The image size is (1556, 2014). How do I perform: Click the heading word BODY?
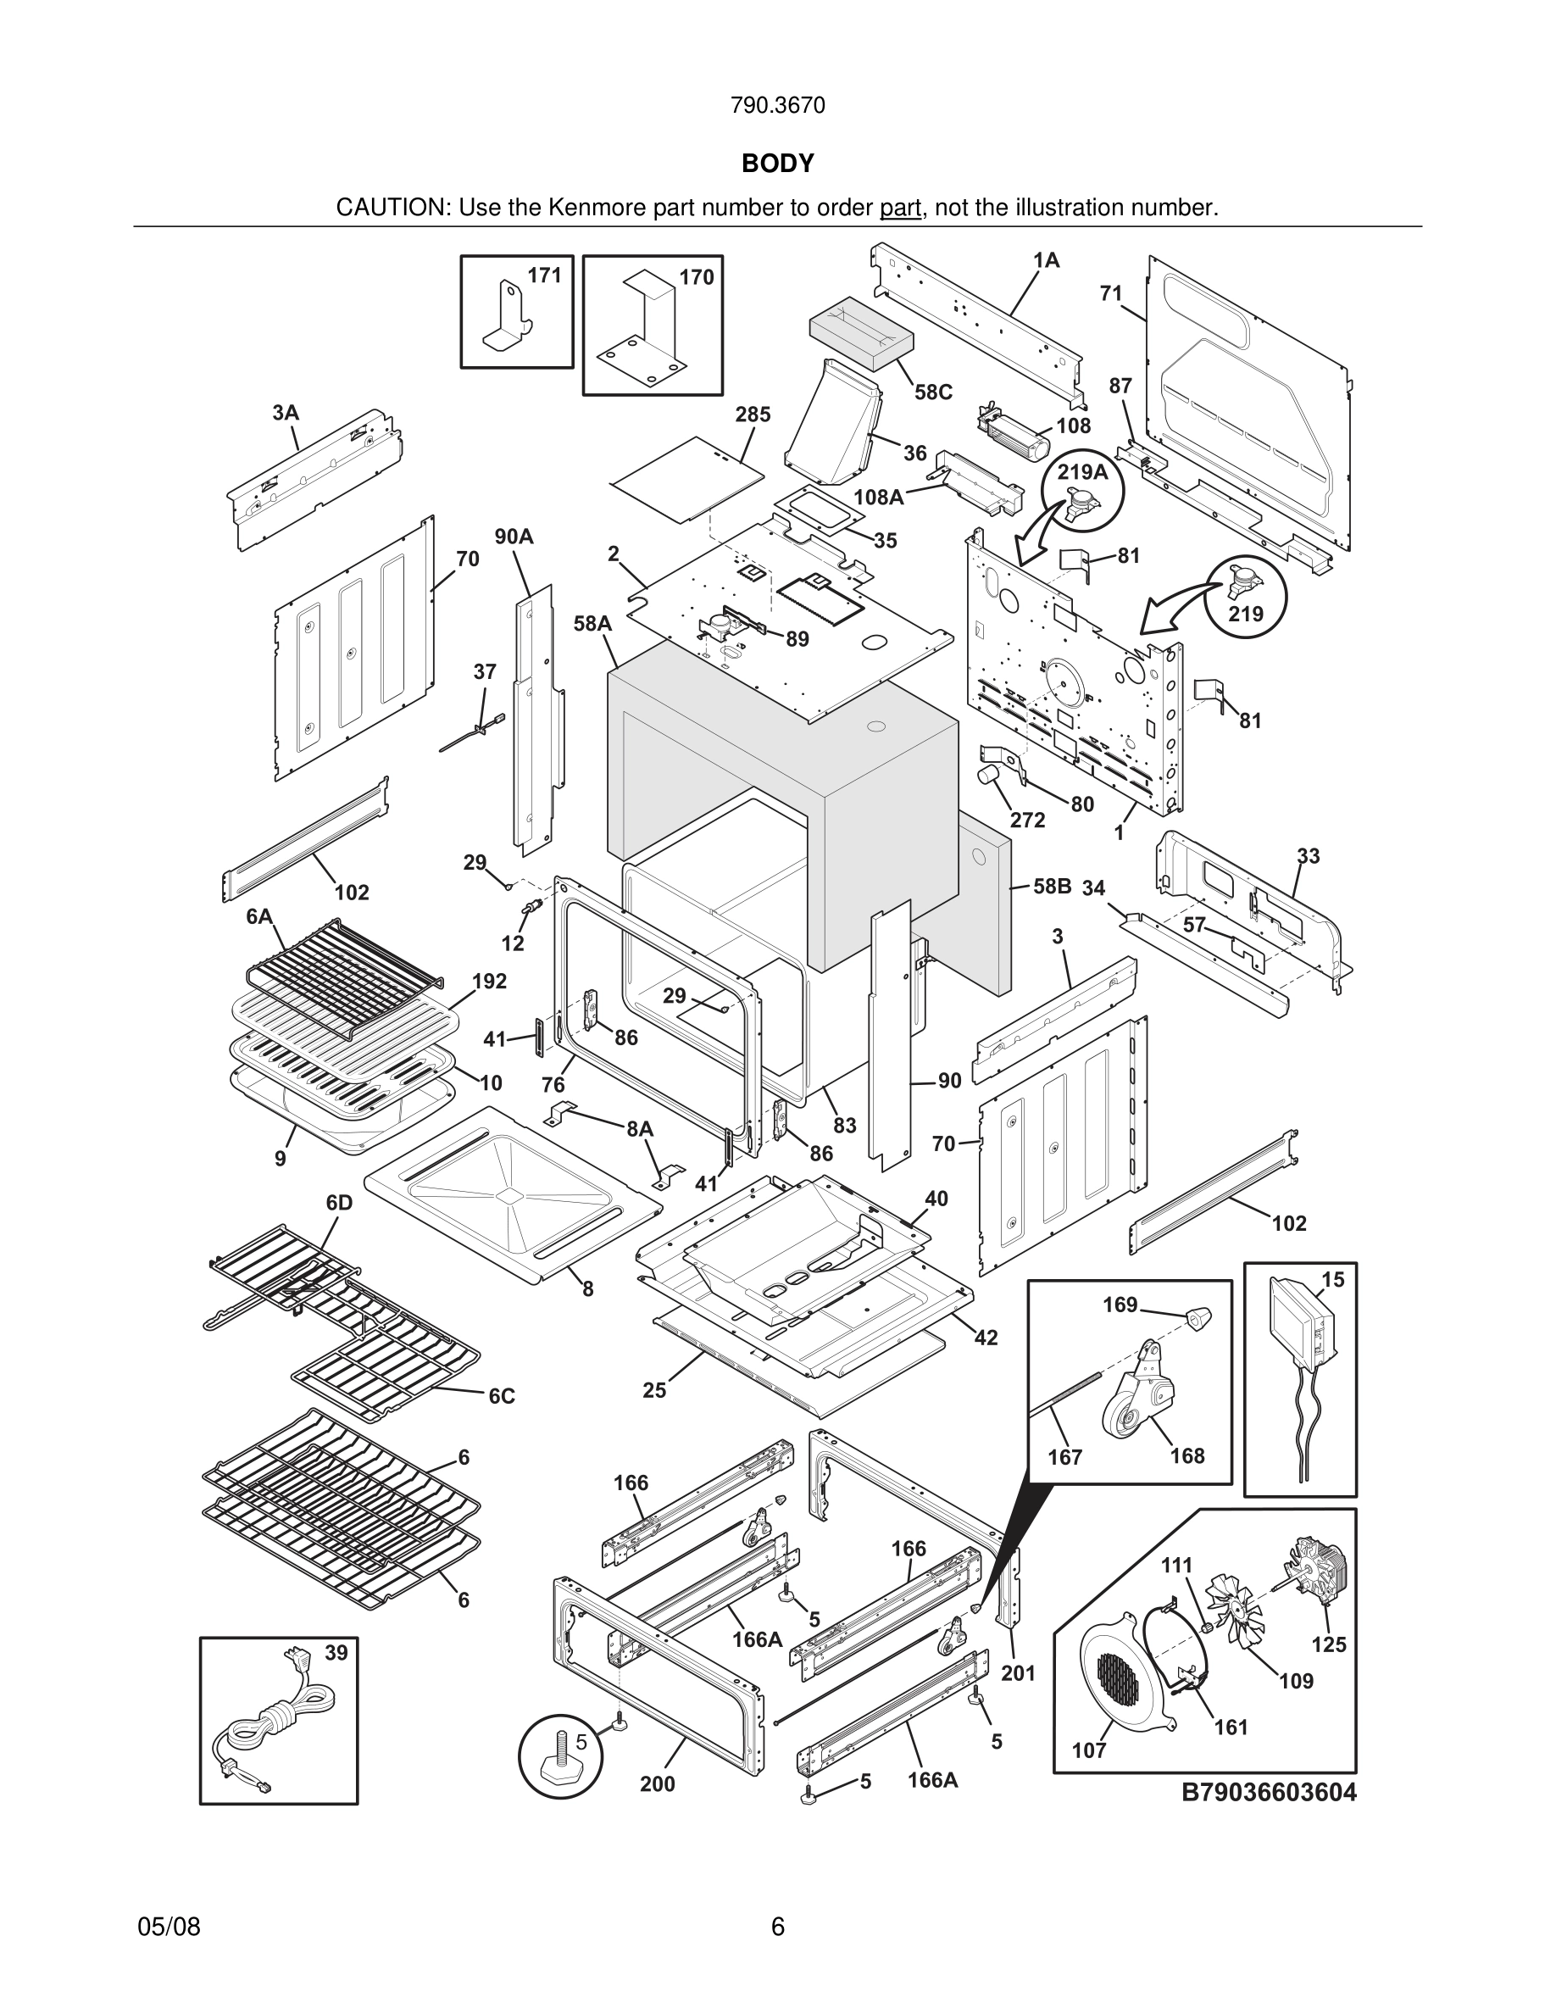(x=777, y=164)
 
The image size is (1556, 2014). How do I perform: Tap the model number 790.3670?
(x=777, y=106)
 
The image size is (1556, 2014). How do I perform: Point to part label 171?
(x=544, y=275)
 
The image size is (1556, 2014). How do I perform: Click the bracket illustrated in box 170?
(x=645, y=332)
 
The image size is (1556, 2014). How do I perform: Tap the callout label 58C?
(x=933, y=392)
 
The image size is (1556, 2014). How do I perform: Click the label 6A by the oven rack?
(x=259, y=916)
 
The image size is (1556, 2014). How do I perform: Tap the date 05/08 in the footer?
(x=169, y=1928)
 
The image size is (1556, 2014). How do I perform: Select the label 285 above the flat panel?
(x=753, y=414)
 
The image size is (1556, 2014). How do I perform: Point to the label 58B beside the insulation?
(x=1052, y=886)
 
